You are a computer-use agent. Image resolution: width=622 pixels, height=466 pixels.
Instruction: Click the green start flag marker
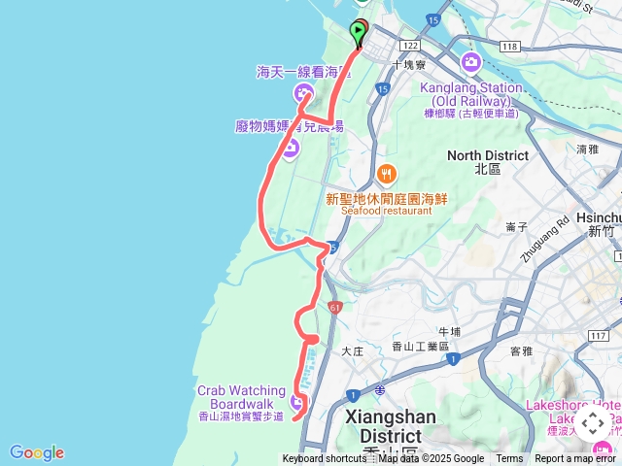click(x=358, y=33)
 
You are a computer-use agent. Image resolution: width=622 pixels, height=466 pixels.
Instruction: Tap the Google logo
click(x=37, y=452)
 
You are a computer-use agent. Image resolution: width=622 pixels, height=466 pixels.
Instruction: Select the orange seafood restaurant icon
click(x=387, y=174)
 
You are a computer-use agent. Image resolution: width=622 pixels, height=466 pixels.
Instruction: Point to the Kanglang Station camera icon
click(x=471, y=63)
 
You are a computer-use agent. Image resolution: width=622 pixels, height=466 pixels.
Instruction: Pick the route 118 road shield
click(x=508, y=46)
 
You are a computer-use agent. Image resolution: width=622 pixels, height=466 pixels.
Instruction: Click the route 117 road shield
click(x=599, y=336)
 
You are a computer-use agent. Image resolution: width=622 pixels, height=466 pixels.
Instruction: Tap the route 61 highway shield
click(x=336, y=308)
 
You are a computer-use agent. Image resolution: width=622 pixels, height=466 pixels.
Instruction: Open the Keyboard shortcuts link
click(x=324, y=459)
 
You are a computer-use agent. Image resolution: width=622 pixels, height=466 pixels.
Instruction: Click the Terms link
click(x=509, y=459)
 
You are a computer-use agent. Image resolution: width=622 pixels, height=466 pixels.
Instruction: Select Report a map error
click(x=575, y=459)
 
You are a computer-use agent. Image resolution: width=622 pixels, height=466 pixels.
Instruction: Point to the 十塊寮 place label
click(x=408, y=65)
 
